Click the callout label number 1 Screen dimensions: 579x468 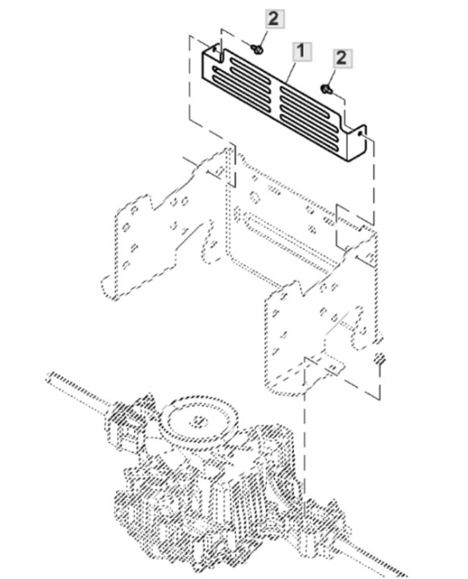coord(300,52)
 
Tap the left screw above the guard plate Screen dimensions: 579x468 coord(257,51)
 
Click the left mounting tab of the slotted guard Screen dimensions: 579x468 coord(212,59)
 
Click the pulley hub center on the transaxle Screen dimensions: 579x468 coord(196,421)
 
